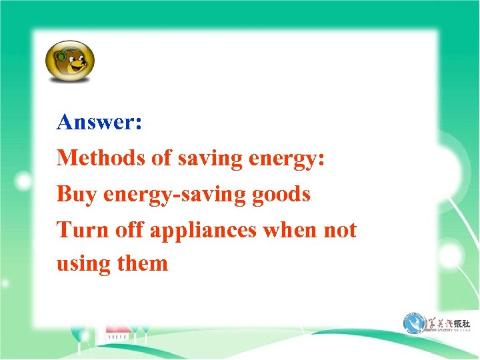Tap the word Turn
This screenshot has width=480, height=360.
click(79, 230)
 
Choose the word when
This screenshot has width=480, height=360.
click(291, 230)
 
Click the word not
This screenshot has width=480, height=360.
click(341, 231)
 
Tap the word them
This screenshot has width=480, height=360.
click(141, 263)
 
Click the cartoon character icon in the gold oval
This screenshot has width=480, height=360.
click(69, 62)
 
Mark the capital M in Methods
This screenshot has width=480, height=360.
click(66, 158)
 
